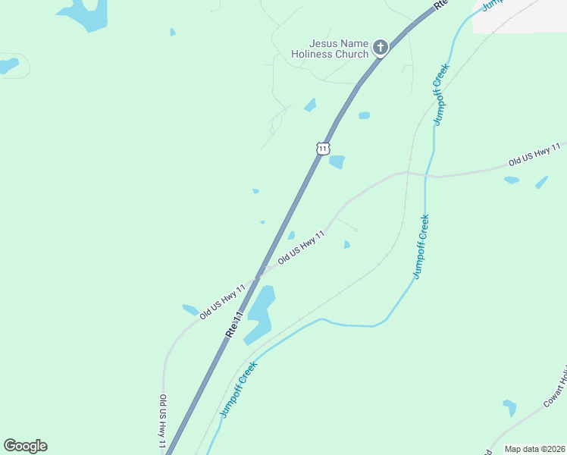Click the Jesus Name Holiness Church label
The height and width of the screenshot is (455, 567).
point(330,49)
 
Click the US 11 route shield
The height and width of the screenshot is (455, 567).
point(323,148)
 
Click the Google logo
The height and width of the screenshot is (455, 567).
point(25,446)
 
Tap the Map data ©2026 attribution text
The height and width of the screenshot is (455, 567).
point(534,449)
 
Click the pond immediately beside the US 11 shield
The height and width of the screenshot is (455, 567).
point(337,162)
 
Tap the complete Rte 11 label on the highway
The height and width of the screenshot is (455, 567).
point(233,325)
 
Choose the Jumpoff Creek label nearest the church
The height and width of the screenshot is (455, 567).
point(440,94)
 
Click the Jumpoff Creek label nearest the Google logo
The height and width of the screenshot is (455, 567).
point(239,389)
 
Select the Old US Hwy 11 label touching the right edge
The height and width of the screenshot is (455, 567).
point(537,154)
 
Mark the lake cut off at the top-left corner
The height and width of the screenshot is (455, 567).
point(83,13)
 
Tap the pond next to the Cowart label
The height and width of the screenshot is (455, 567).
point(510,407)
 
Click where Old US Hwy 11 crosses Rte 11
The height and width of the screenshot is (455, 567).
point(259,272)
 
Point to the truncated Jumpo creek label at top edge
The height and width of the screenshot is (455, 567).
point(493,5)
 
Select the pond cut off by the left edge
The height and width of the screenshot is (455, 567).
point(8,65)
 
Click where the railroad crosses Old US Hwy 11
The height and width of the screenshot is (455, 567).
point(408,173)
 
